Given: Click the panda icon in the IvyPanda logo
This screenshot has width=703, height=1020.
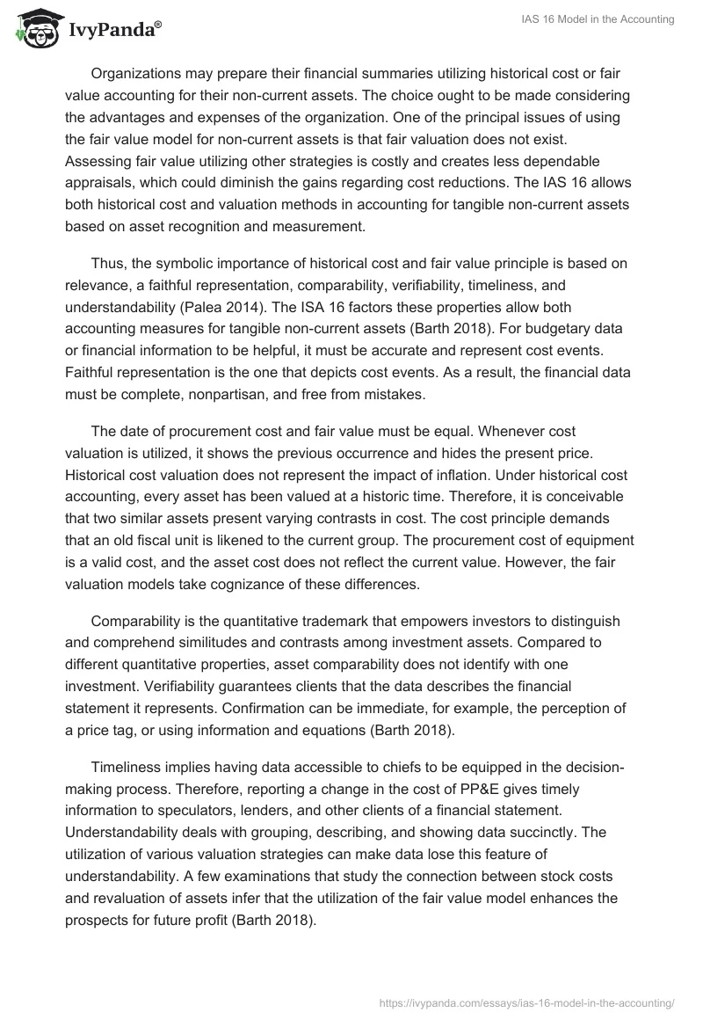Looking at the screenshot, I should tap(34, 30).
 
